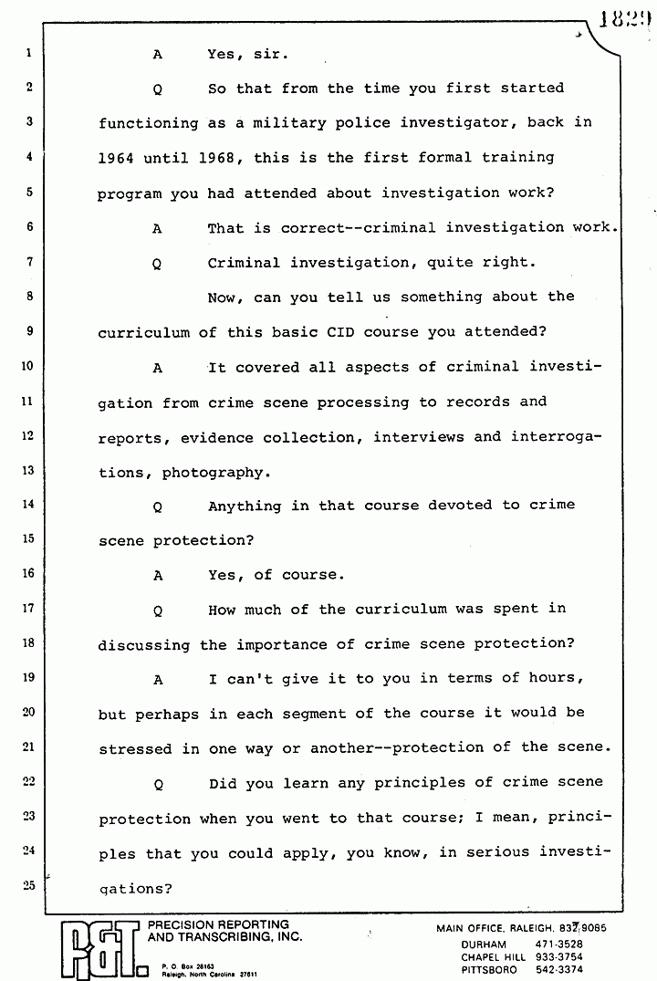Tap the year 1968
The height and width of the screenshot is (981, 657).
[x=217, y=158]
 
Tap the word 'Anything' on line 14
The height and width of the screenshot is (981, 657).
[x=244, y=506]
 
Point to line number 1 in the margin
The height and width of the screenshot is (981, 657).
[x=29, y=53]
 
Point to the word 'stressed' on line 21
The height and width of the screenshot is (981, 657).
[x=135, y=749]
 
